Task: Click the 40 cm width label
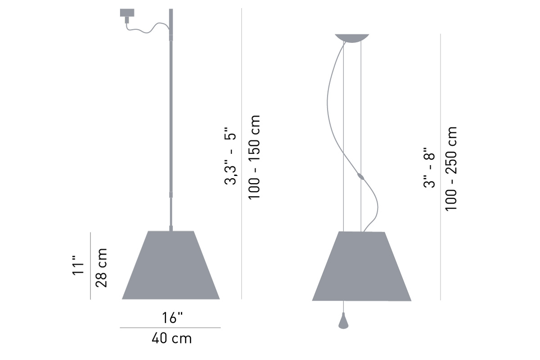pos(171,338)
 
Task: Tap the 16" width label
pos(172,318)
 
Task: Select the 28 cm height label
pos(101,268)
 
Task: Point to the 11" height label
pos(78,265)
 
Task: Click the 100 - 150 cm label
pos(254,157)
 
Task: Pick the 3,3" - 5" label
pos(230,156)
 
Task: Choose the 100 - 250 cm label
pos(451,169)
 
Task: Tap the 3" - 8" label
pos(429,167)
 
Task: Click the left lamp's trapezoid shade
pos(171,265)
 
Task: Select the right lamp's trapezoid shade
pos(362,266)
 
